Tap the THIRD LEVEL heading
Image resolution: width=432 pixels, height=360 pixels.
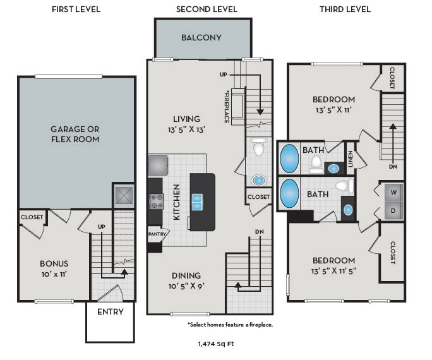(x=345, y=9)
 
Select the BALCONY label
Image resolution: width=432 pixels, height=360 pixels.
(x=201, y=37)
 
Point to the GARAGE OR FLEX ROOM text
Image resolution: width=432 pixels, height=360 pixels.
(x=75, y=134)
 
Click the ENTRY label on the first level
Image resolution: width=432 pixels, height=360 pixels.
(x=110, y=312)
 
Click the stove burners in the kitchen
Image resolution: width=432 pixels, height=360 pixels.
(x=156, y=201)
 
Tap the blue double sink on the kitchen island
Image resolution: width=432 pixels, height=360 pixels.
(x=198, y=201)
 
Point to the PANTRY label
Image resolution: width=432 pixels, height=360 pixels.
(x=156, y=234)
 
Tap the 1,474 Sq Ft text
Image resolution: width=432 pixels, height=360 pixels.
(x=217, y=344)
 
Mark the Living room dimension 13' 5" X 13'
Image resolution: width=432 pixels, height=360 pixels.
(x=186, y=129)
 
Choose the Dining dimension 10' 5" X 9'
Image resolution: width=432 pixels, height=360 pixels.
(x=186, y=285)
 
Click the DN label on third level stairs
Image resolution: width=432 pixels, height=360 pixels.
(x=392, y=167)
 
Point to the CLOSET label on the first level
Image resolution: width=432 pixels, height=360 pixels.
(x=32, y=217)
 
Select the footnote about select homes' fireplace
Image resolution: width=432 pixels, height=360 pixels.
(x=230, y=325)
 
